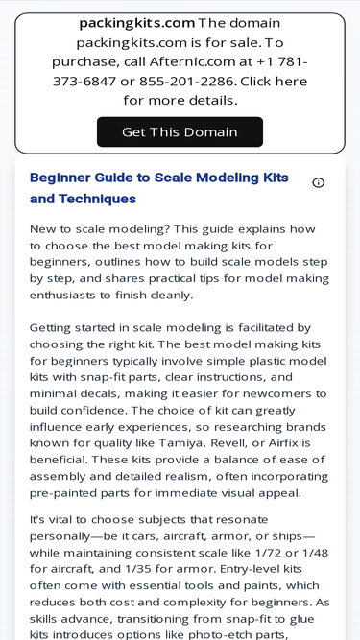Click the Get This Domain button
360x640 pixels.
[x=180, y=132]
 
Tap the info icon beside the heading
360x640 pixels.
[x=319, y=182]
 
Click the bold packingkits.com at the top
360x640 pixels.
[x=136, y=23]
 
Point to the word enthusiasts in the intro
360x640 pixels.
[x=68, y=296]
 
